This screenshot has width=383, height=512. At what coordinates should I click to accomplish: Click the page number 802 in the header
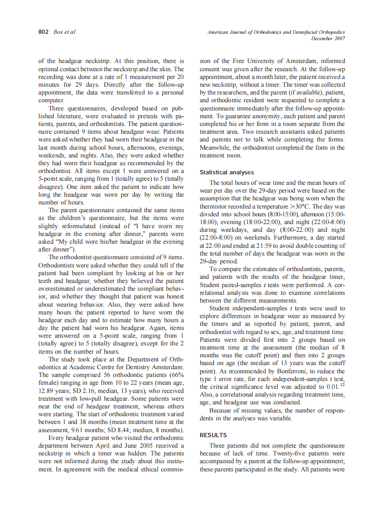pyautogui.click(x=43, y=32)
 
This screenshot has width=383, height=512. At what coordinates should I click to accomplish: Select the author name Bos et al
pyautogui.click(x=64, y=32)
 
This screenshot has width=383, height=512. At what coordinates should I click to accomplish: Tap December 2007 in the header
pyautogui.click(x=328, y=38)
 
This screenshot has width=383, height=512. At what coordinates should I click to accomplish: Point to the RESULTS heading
pyautogui.click(x=213, y=435)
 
